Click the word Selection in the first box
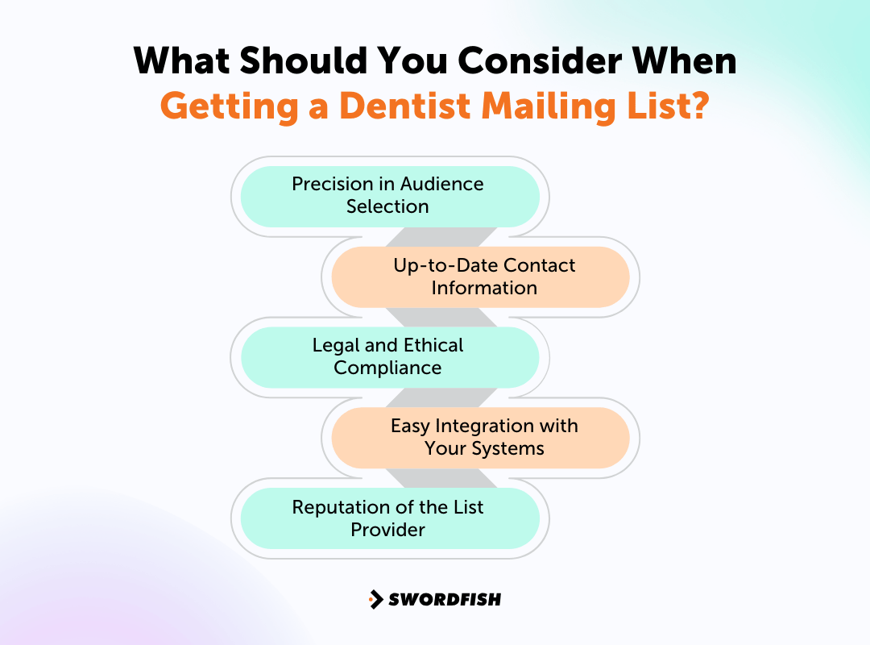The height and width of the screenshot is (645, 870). tap(387, 206)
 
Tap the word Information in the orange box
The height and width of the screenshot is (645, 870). tap(484, 288)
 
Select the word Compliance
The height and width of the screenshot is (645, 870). tap(387, 368)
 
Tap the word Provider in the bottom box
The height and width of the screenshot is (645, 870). tap(387, 530)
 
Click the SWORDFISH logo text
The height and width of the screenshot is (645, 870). tap(445, 599)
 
